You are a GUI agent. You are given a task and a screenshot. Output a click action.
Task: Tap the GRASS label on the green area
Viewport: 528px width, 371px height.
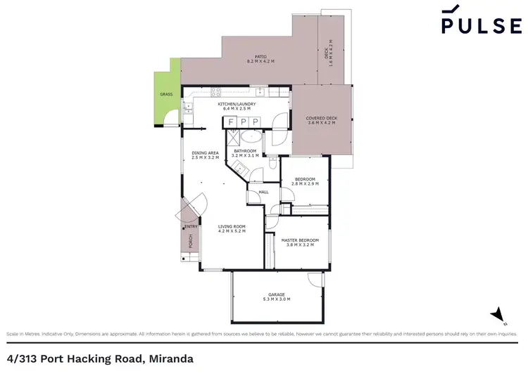pos(166,93)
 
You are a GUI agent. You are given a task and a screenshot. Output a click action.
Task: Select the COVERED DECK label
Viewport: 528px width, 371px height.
pos(320,118)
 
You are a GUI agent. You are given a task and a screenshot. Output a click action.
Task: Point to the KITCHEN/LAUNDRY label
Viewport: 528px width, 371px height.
pos(237,105)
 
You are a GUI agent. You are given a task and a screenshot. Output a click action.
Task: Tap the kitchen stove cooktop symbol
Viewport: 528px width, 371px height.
pos(216,91)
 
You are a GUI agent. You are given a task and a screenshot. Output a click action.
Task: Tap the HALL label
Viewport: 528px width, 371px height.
pos(263,191)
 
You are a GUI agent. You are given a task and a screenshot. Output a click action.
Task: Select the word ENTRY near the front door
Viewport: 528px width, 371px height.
pos(191,226)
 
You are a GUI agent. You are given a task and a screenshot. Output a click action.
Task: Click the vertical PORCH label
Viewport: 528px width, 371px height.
pos(190,241)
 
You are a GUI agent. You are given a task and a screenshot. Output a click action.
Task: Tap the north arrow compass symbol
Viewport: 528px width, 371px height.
pos(498,313)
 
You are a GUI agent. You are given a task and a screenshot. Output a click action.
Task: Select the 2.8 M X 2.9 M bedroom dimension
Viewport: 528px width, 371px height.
pos(304,183)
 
